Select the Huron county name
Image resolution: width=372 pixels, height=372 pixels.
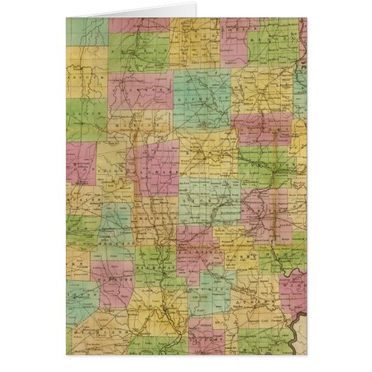point(197,35)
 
